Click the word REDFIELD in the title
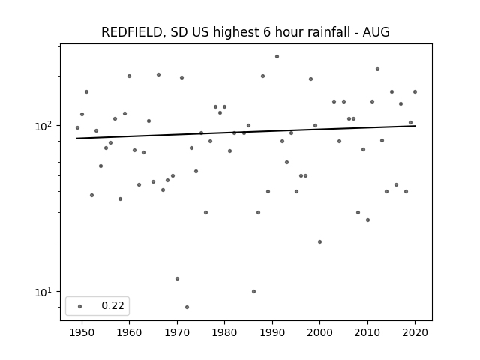pyautogui.click(x=131, y=32)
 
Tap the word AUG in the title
pyautogui.click(x=376, y=32)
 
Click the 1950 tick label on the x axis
pyautogui.click(x=82, y=332)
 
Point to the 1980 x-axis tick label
pyautogui.click(x=224, y=332)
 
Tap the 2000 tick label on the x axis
pyautogui.click(x=319, y=332)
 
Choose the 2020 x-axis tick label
pyautogui.click(x=415, y=332)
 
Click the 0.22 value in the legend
pyautogui.click(x=112, y=305)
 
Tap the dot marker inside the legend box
pyautogui.click(x=80, y=306)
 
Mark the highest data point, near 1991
pyautogui.click(x=277, y=57)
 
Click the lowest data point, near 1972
pyautogui.click(x=187, y=307)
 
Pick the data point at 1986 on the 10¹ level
pyautogui.click(x=253, y=292)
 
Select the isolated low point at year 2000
pyautogui.click(x=320, y=241)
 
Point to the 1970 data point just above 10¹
pyautogui.click(x=177, y=278)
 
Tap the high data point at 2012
pyautogui.click(x=377, y=68)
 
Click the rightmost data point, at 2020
pyautogui.click(x=415, y=91)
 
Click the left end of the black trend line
pyautogui.click(x=76, y=139)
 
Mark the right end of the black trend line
pyautogui.click(x=415, y=126)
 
